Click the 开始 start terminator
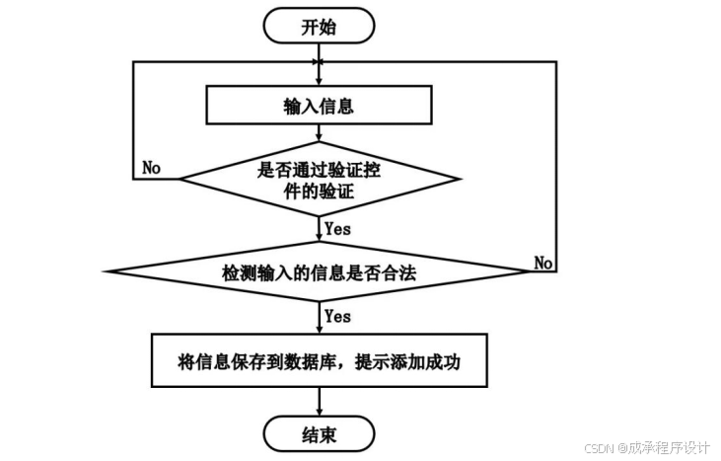pyautogui.click(x=319, y=27)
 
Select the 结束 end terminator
pyautogui.click(x=319, y=432)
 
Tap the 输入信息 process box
pyautogui.click(x=319, y=106)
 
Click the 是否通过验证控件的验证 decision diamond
pyautogui.click(x=319, y=179)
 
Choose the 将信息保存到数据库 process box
pyautogui.click(x=319, y=361)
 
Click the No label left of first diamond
pyautogui.click(x=151, y=168)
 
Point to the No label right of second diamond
pyautogui.click(x=543, y=263)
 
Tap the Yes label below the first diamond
pyautogui.click(x=337, y=228)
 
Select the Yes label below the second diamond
pyautogui.click(x=337, y=317)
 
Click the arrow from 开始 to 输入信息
pyautogui.click(x=319, y=64)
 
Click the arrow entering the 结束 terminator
pyautogui.click(x=319, y=401)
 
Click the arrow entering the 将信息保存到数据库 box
pyautogui.click(x=319, y=320)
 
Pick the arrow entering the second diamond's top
pyautogui.click(x=319, y=230)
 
